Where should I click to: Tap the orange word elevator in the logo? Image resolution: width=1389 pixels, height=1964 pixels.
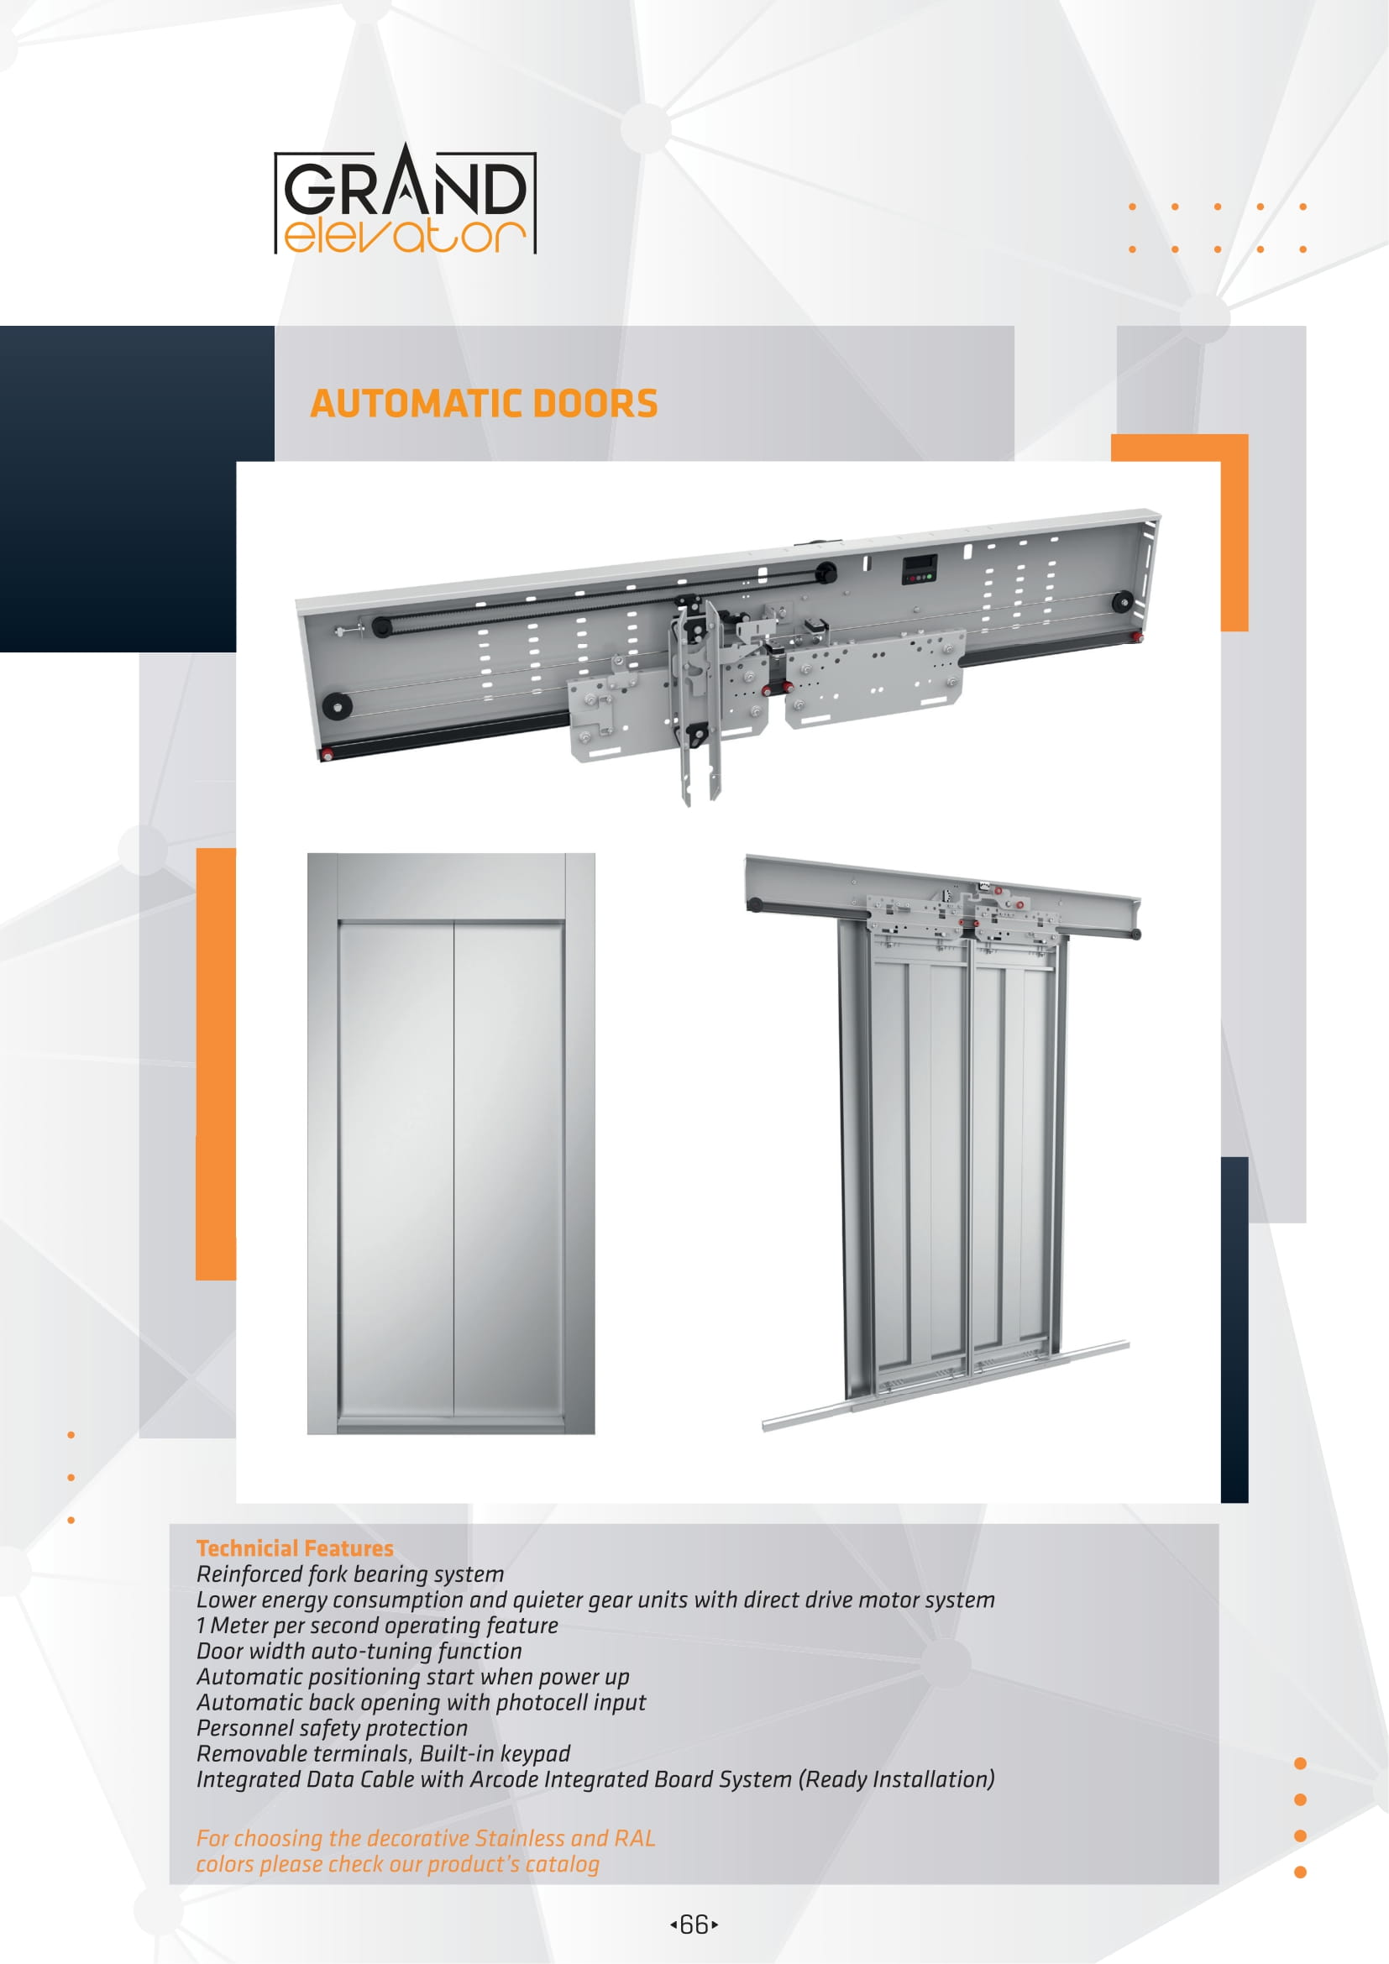point(404,236)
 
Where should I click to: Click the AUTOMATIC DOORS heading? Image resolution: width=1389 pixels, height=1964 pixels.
point(483,404)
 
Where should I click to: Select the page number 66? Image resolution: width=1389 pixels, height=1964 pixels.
point(694,1925)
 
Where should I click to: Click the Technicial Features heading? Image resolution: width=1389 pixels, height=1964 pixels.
point(294,1548)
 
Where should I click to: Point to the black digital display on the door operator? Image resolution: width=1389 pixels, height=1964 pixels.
point(920,568)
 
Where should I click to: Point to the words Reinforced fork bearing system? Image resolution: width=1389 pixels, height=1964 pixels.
point(350,1574)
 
